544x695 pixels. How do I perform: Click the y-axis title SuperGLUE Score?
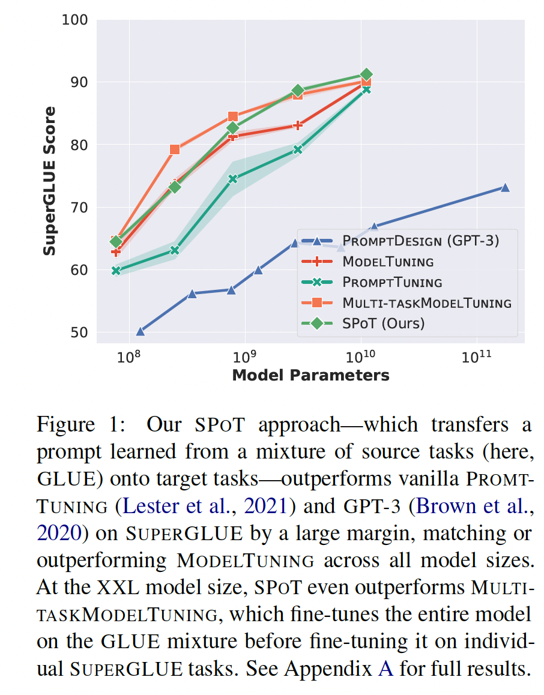pos(50,181)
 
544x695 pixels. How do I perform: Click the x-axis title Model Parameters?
pos(310,376)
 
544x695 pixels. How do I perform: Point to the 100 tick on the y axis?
pos(75,20)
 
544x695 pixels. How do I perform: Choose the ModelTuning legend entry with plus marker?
pos(388,262)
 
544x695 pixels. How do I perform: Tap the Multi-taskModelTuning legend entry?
pos(426,302)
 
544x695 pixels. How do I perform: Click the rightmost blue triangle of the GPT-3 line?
pos(505,188)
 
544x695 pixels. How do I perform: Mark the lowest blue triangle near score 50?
pos(141,331)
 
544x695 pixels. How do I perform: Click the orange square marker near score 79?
pos(175,149)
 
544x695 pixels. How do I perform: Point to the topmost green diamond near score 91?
pos(366,74)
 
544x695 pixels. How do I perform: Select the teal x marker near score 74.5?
pos(233,179)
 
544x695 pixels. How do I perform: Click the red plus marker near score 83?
pos(298,125)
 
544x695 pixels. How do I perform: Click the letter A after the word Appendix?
pos(386,669)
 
